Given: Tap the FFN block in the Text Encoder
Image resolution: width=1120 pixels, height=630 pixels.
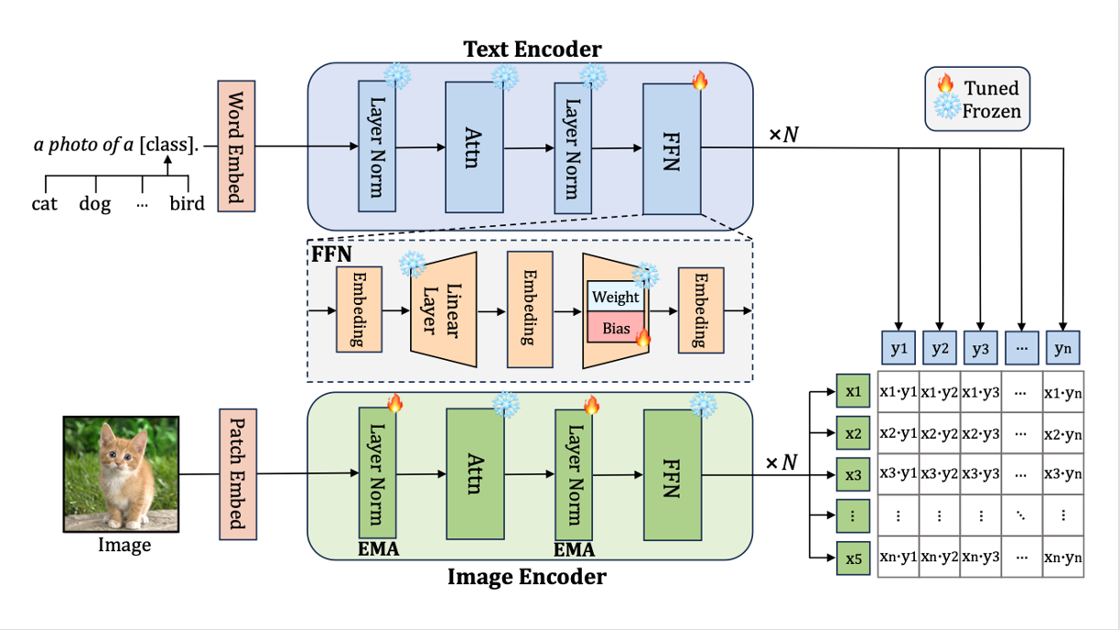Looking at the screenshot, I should [671, 148].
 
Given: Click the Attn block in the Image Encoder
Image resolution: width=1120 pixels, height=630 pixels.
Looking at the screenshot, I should [474, 473].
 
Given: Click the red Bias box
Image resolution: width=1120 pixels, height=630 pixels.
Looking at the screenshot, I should [615, 328].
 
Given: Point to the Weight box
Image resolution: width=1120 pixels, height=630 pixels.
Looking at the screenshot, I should [615, 298].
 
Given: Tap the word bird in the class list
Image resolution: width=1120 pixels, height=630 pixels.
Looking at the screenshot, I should [187, 203].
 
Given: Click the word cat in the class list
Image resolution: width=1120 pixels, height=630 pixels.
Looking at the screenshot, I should [44, 203].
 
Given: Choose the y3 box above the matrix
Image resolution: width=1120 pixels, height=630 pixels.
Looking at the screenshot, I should [980, 349].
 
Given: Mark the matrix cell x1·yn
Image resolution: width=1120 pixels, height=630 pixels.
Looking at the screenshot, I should [1062, 391].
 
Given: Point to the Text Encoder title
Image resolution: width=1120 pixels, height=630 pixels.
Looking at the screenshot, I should [533, 48].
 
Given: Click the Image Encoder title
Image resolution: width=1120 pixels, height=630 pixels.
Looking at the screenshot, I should [526, 577].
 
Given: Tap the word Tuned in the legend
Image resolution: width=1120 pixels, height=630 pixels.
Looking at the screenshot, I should [991, 89].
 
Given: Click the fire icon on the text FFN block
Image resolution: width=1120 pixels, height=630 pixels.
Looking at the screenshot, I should [700, 81].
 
